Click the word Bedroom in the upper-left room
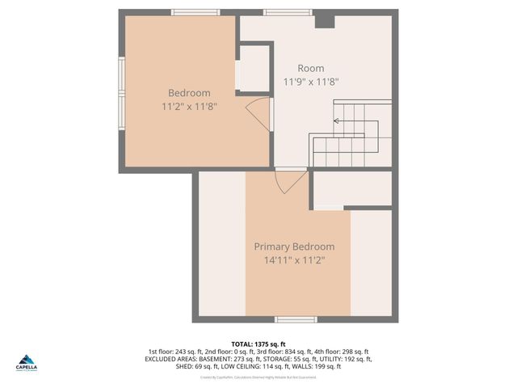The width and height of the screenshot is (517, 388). point(188,93)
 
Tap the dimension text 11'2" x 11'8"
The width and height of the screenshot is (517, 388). point(188,106)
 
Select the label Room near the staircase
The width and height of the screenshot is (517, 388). point(310,69)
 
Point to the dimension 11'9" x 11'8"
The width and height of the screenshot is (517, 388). point(310,82)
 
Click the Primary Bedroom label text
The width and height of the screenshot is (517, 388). point(294,247)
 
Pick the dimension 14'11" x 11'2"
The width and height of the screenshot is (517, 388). point(294,260)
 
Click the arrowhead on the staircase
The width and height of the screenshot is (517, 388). point(336,121)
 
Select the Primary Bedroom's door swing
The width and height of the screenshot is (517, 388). point(285,183)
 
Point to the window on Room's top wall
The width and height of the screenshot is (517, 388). point(288,12)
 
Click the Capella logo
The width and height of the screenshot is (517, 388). point(27,361)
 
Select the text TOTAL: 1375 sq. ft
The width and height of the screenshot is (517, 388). point(258,344)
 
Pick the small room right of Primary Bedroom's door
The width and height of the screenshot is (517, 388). point(351,189)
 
